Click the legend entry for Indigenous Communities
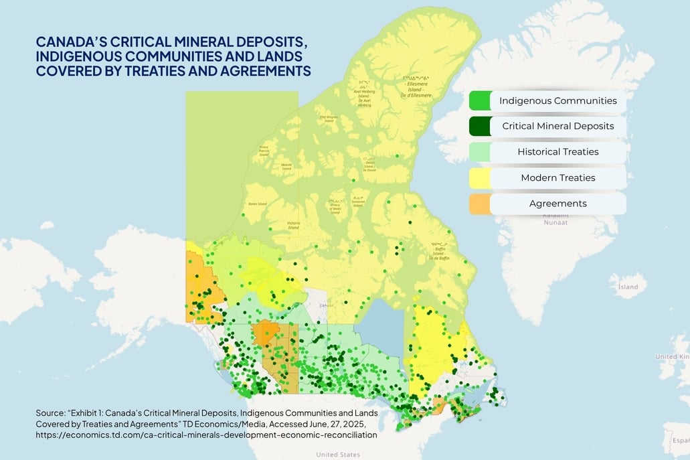[557, 101]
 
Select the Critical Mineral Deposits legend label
[557, 126]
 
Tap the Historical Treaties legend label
[557, 151]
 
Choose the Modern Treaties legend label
[557, 177]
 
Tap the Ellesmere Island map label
[417, 88]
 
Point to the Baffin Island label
[440, 252]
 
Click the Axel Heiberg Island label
[364, 98]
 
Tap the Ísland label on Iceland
[628, 287]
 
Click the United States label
[337, 455]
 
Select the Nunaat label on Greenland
[555, 222]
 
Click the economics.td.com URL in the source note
[206, 435]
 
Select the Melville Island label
[288, 166]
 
